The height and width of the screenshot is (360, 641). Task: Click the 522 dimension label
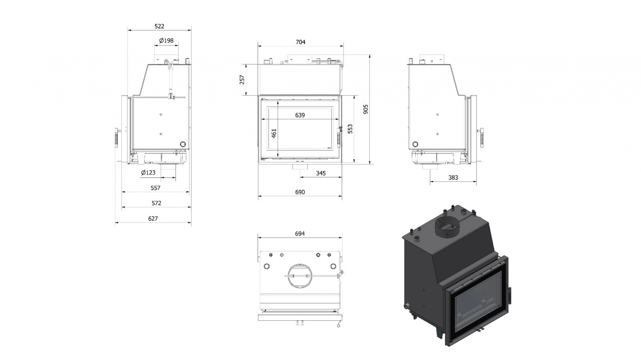pos(159,26)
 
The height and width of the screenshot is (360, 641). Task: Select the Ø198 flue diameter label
pos(166,41)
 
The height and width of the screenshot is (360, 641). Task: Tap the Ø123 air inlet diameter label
pos(148,172)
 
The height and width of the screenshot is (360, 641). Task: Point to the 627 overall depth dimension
pos(153,218)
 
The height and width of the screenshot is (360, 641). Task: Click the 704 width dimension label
pos(300,42)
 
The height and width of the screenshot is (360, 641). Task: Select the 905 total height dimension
pos(366,109)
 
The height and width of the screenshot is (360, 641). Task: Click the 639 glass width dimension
pos(300,115)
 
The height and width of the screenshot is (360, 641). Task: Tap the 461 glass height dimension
pos(274,133)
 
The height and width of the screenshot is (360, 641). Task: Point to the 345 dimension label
pos(320,173)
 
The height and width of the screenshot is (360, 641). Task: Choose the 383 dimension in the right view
pos(453,178)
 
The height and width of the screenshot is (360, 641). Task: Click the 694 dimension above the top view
pos(300,233)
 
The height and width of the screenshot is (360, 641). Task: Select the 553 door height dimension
pos(350,129)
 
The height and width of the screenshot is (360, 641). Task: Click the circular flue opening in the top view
pos(300,276)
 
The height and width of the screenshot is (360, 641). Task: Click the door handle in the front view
pos(338,136)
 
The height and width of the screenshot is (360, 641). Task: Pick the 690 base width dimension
pos(300,192)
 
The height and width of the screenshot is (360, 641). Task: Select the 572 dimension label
pos(156,203)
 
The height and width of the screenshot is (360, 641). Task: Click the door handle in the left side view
pos(116,138)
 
